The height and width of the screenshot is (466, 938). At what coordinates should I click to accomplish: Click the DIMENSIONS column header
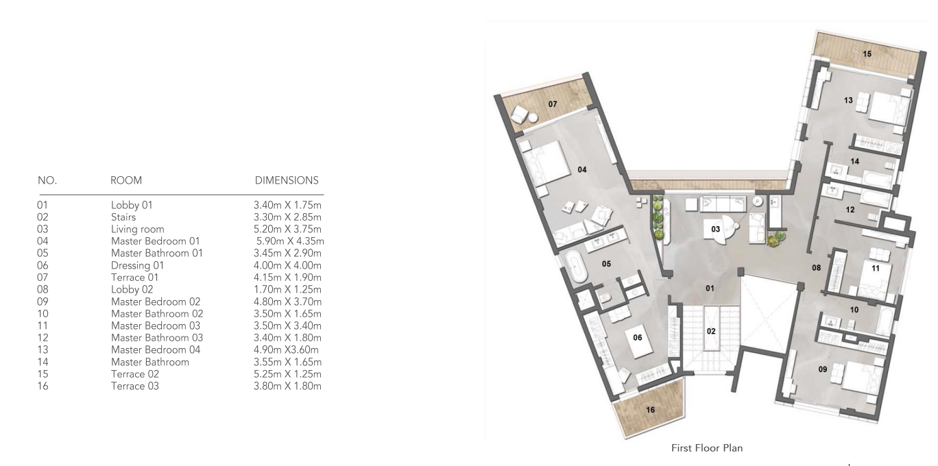(287, 180)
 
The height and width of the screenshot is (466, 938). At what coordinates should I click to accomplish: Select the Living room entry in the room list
(137, 230)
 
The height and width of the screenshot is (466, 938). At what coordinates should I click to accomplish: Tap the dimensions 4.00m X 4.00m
(287, 265)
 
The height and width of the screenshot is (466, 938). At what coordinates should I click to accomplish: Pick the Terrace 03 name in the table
(135, 386)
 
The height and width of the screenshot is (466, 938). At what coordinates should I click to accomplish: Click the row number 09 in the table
(43, 302)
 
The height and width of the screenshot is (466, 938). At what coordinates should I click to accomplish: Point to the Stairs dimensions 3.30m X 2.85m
(287, 217)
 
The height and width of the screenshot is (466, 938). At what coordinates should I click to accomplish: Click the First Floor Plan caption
(707, 448)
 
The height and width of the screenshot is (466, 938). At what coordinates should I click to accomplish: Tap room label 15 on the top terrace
(867, 54)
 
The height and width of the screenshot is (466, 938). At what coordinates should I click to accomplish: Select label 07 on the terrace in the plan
(553, 104)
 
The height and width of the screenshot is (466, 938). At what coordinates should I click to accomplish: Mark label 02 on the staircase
(711, 332)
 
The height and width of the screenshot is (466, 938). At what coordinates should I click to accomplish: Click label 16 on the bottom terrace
(650, 410)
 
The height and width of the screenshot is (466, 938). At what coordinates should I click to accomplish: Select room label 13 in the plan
(848, 101)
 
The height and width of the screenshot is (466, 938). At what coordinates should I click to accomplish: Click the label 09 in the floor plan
(822, 369)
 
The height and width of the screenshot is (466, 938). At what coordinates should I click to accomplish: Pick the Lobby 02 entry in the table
(132, 290)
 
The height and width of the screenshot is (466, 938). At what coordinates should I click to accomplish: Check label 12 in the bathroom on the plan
(850, 210)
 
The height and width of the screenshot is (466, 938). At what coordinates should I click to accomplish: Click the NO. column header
(47, 180)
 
